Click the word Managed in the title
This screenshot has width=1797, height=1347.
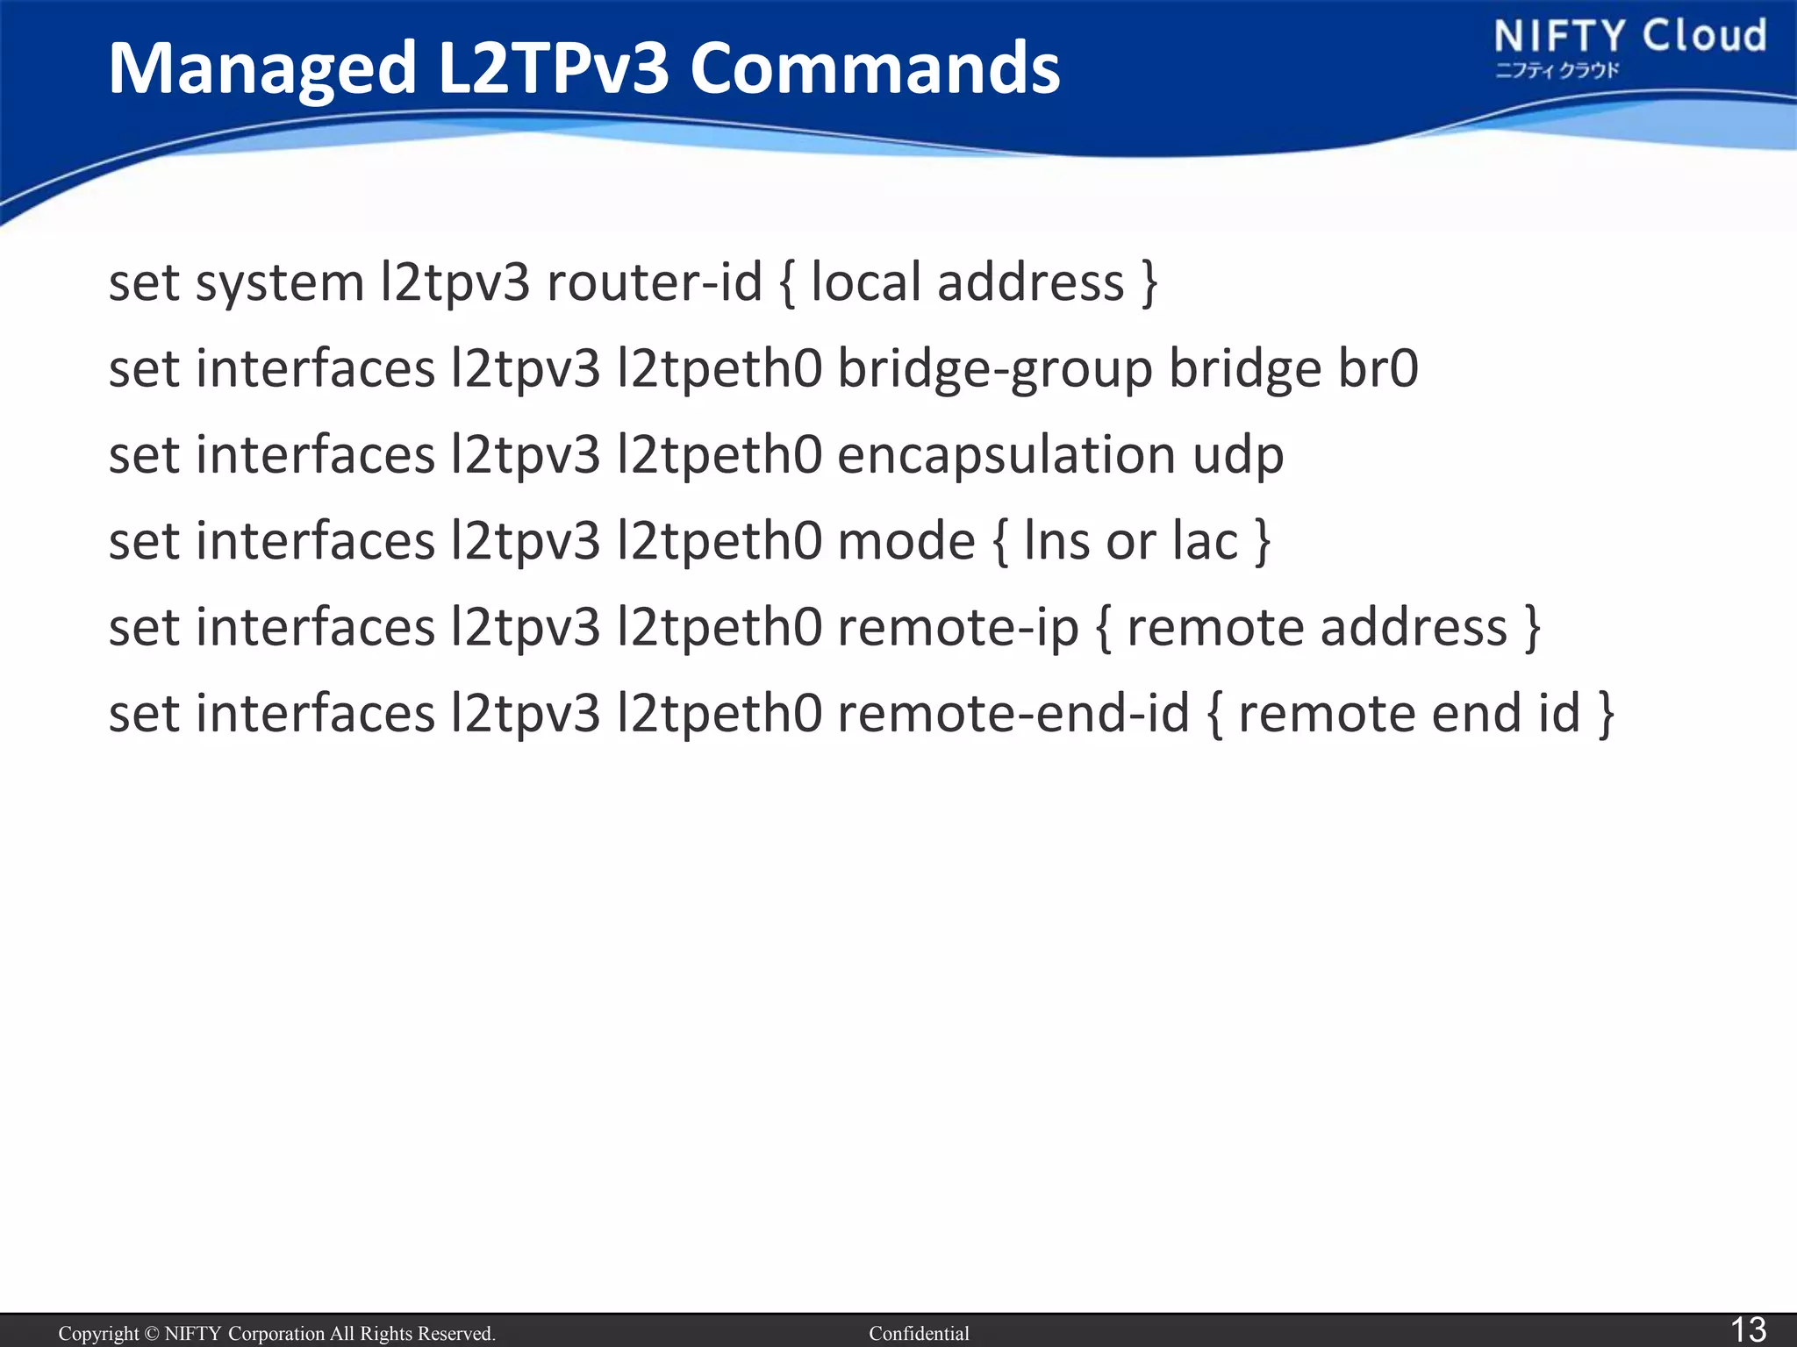click(x=262, y=70)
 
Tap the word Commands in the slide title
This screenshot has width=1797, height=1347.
click(x=875, y=68)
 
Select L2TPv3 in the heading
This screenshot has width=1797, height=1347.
click(x=553, y=68)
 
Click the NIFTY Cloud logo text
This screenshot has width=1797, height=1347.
click(x=1629, y=37)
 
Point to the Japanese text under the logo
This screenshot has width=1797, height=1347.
click(x=1557, y=71)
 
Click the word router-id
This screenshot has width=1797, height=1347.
click(x=655, y=282)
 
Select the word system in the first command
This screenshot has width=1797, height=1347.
click(x=279, y=284)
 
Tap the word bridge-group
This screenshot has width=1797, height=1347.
click(x=995, y=368)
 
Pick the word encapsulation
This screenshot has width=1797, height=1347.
click(x=1006, y=456)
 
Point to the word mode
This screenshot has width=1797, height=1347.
click(x=906, y=540)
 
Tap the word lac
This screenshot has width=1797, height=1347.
click(x=1205, y=540)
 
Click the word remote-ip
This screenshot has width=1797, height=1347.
click(x=957, y=628)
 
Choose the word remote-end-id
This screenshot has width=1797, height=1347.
click(x=1013, y=713)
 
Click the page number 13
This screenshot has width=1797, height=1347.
click(x=1747, y=1329)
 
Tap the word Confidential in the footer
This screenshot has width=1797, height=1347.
click(x=919, y=1334)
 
